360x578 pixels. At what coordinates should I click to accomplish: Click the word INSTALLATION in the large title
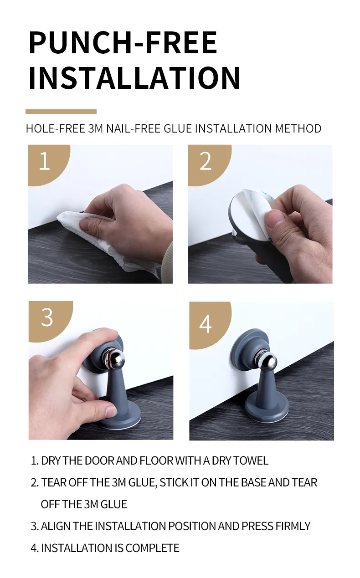134,78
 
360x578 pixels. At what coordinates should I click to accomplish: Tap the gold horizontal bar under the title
61,111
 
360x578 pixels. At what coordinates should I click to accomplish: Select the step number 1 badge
44,161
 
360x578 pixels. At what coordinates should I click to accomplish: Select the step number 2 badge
206,161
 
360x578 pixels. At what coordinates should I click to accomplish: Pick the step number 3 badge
47,317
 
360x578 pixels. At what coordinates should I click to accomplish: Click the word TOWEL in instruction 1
251,460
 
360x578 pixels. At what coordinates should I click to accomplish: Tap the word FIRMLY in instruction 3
293,526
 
